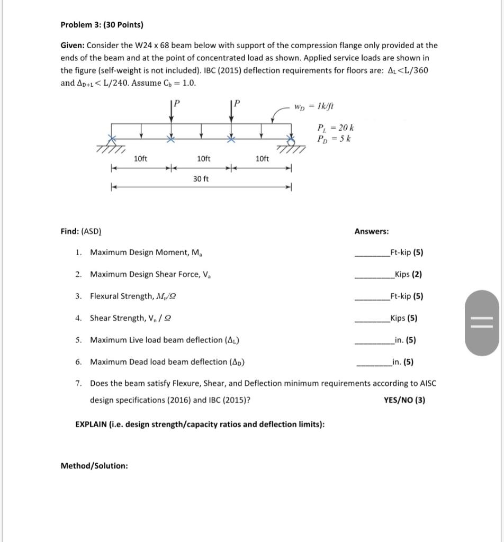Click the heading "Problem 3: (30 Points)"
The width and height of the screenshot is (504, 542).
point(102,25)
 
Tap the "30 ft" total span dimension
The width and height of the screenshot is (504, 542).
point(201,179)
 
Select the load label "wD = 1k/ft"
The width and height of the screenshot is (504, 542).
point(314,106)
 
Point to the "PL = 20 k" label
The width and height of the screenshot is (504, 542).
point(335,128)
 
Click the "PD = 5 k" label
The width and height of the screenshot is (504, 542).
point(335,139)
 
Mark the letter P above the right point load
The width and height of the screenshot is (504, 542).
point(237,103)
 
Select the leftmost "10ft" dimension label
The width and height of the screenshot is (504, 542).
point(141,159)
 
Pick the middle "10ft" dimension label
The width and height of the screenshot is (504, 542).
point(203,159)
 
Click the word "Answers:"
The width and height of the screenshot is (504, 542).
point(371,231)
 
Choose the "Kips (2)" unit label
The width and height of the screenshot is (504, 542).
point(406,274)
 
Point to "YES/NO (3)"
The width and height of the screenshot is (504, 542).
point(404,400)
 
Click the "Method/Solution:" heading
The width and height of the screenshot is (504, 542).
point(94,466)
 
